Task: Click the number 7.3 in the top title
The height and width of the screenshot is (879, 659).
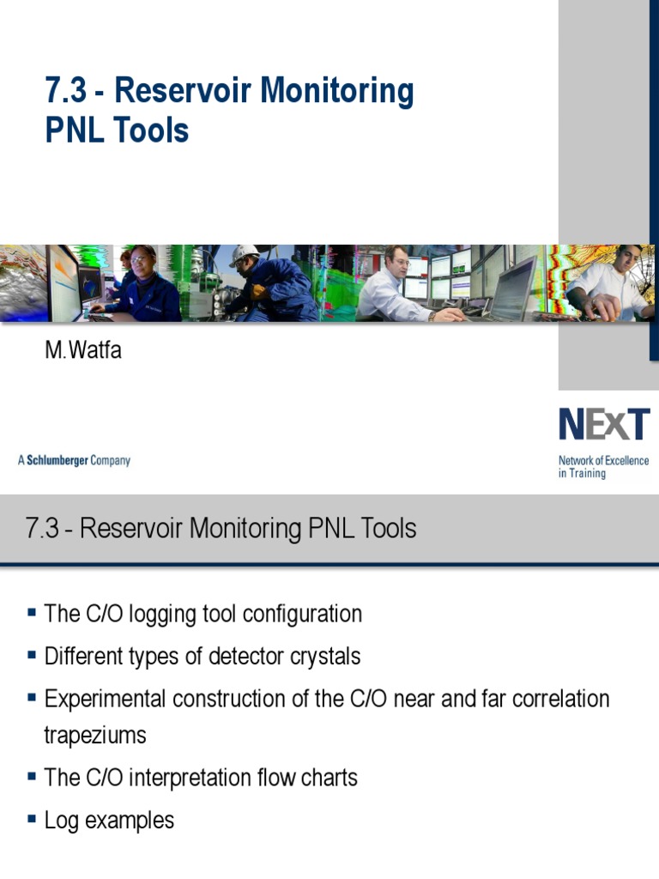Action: click(68, 91)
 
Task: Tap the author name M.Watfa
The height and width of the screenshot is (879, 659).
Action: click(83, 350)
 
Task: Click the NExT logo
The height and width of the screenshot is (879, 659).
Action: click(604, 425)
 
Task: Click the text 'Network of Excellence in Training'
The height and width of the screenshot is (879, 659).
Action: click(603, 467)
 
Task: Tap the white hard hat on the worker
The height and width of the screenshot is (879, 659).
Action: click(245, 255)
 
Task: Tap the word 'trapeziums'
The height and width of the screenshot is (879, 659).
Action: click(95, 736)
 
